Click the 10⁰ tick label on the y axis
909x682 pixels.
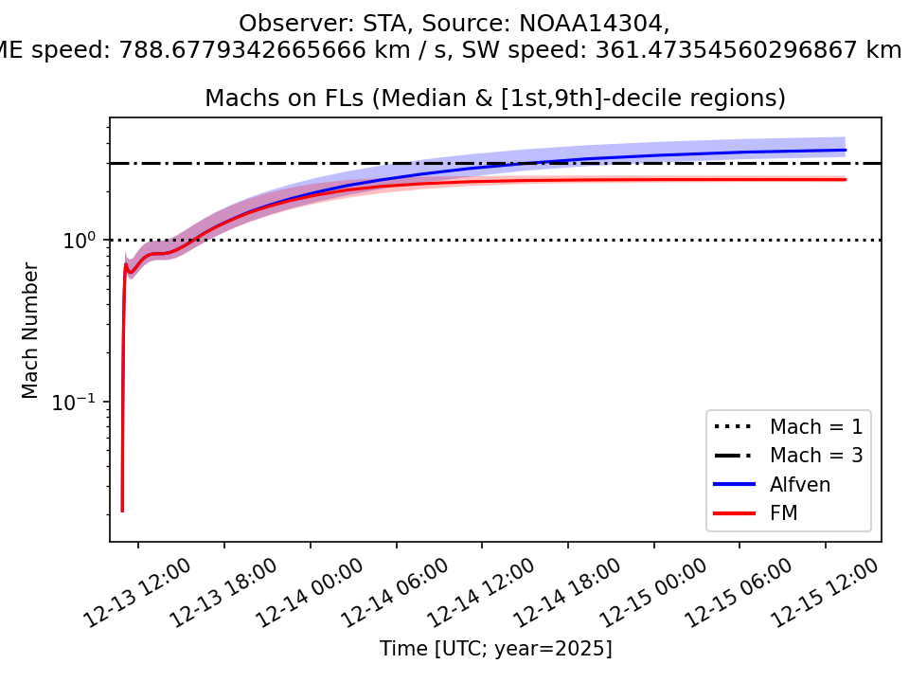click(81, 242)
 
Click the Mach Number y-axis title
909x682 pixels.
click(30, 331)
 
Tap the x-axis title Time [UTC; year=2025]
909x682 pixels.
click(495, 649)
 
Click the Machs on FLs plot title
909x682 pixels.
click(495, 99)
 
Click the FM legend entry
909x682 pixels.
click(785, 513)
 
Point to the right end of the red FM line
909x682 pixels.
click(845, 179)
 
